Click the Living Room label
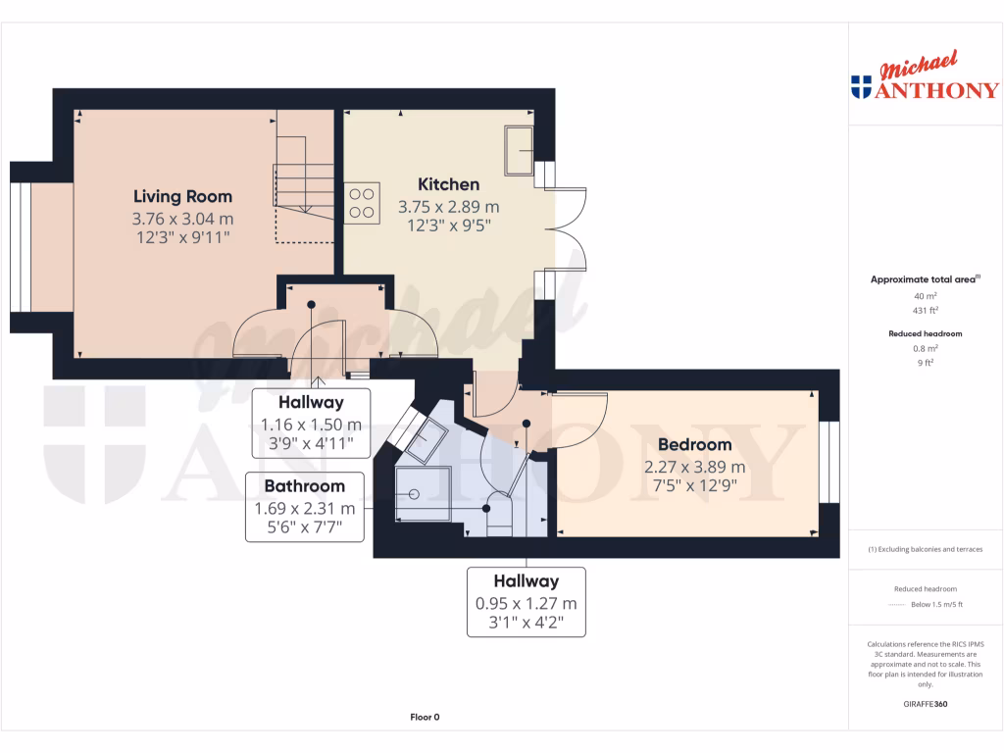(182, 196)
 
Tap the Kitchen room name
(448, 184)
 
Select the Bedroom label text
(694, 445)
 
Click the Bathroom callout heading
(304, 485)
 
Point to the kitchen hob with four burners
(361, 203)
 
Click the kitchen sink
(519, 148)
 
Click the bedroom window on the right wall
(829, 462)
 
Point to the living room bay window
(20, 245)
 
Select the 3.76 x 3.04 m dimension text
(182, 219)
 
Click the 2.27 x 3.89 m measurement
(694, 467)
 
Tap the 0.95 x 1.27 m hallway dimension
(526, 603)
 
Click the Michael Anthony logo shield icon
(862, 88)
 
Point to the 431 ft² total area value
(925, 310)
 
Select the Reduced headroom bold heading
(925, 333)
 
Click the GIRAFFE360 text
(925, 704)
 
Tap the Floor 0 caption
(425, 718)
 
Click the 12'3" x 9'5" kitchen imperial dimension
(448, 225)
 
